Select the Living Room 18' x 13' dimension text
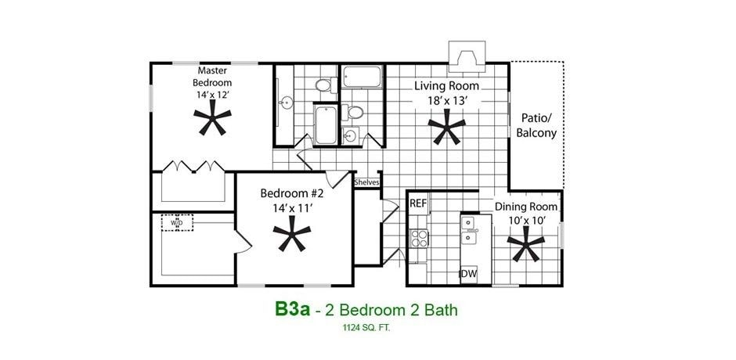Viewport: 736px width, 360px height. [446, 100]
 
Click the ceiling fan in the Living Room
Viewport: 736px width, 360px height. [447, 127]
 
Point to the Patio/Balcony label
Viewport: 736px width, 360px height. [536, 125]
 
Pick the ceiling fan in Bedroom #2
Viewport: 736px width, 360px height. [292, 233]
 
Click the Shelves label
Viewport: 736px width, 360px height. [366, 182]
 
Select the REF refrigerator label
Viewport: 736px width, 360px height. [418, 203]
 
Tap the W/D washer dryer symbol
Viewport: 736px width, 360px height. [177, 223]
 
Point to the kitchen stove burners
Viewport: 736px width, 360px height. [420, 238]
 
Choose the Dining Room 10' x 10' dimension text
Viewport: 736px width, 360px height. [526, 221]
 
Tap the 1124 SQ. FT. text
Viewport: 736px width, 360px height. [366, 329]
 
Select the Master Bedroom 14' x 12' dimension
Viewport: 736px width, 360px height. [213, 94]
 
